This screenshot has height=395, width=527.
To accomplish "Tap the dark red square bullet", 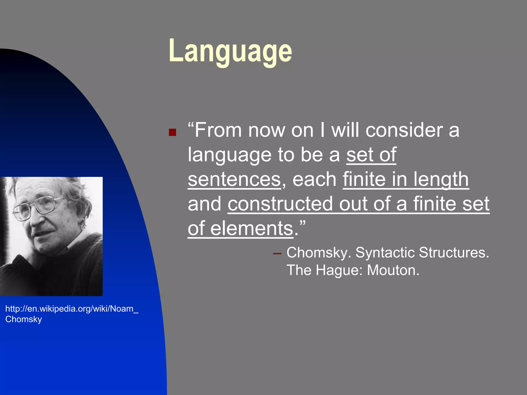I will (x=172, y=132).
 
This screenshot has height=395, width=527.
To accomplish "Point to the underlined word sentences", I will (x=234, y=179).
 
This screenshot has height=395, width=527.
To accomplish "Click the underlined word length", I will (x=441, y=179).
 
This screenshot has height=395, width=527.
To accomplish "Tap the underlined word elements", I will (x=252, y=228).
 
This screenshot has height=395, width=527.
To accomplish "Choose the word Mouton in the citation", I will (x=393, y=270).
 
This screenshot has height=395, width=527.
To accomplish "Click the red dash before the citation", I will (x=277, y=254).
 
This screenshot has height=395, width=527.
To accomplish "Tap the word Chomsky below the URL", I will (x=23, y=319).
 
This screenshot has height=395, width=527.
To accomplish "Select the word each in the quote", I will (x=314, y=179).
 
